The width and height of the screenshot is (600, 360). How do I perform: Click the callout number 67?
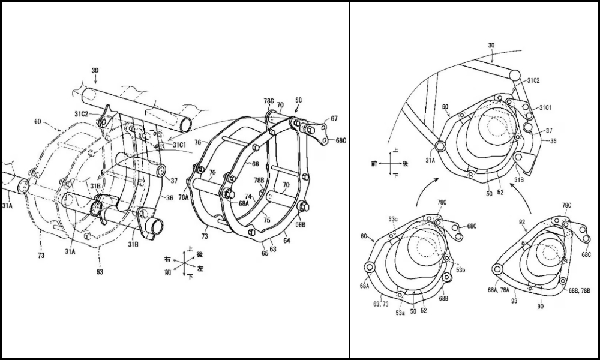point(334,118)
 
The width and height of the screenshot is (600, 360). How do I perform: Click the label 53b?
point(460,270)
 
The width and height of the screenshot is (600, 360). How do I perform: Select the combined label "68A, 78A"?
point(502,290)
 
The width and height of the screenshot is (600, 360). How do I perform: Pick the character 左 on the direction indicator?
point(200,269)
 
